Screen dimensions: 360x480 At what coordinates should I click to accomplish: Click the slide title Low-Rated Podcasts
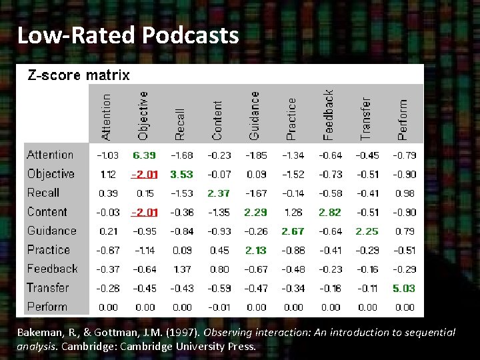(127, 35)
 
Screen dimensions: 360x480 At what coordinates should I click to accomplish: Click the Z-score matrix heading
(78, 75)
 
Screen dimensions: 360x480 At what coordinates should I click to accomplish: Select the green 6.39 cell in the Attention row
(145, 155)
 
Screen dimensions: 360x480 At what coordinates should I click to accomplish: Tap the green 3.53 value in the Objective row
(181, 174)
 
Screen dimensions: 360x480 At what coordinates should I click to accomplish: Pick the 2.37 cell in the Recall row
(219, 193)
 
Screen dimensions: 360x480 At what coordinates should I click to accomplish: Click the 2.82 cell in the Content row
(330, 212)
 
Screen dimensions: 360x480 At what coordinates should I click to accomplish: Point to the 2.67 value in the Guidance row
(293, 231)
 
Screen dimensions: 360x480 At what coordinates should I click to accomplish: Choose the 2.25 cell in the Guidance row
(367, 231)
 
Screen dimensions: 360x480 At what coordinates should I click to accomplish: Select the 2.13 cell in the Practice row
(256, 251)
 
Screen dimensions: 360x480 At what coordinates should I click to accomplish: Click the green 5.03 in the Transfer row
(404, 289)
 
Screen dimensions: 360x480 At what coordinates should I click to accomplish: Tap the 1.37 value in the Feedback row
(181, 269)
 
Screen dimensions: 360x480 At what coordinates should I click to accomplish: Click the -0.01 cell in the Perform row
(219, 307)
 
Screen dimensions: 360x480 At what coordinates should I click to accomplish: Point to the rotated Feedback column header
(328, 115)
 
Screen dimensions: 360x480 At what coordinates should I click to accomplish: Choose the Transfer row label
(48, 288)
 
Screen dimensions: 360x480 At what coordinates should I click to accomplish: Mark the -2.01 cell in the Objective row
(145, 174)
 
